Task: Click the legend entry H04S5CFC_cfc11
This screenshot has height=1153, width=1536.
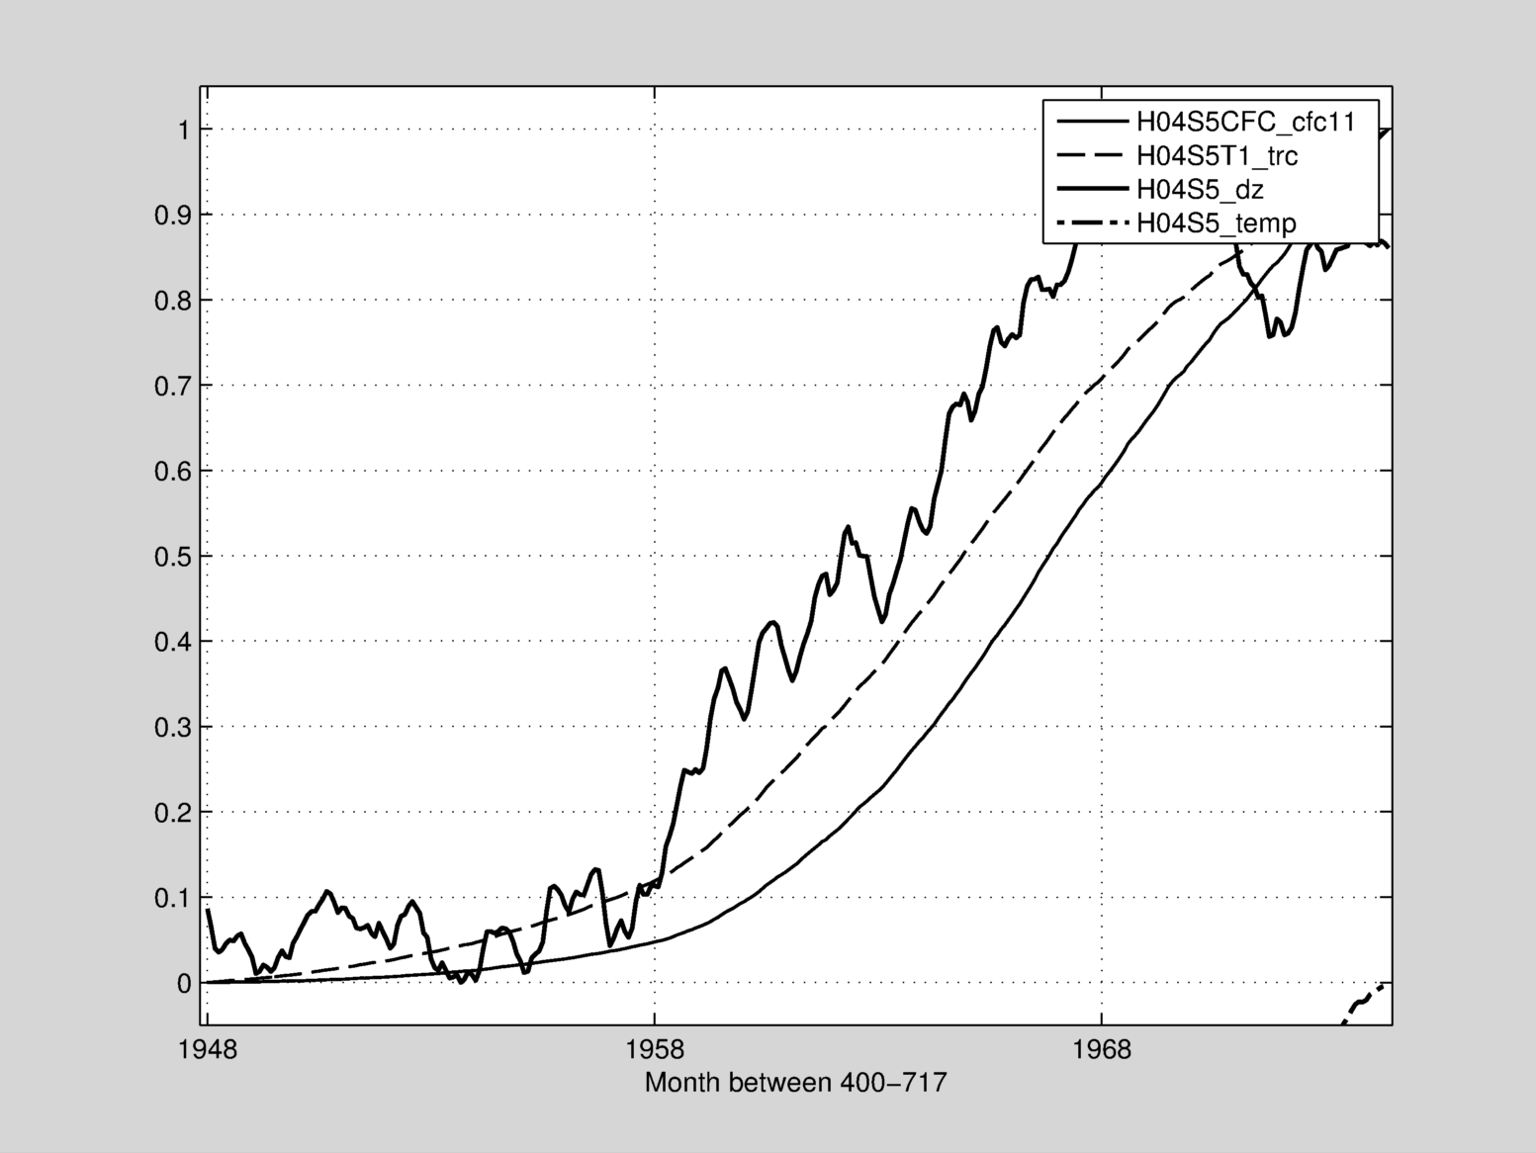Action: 1244,122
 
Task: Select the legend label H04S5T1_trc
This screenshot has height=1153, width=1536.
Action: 1217,155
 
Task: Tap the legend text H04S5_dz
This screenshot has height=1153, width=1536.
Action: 1200,189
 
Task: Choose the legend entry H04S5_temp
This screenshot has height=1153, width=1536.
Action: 1216,222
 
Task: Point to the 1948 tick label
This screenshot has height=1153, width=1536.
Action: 208,1049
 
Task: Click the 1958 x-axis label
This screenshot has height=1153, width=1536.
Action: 654,1049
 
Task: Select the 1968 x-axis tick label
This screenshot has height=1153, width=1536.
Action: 1101,1049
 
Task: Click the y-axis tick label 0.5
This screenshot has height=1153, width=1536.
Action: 172,557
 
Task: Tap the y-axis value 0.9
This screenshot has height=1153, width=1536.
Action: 172,216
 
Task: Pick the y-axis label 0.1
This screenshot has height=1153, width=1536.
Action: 172,898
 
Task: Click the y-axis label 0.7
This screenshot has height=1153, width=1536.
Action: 172,386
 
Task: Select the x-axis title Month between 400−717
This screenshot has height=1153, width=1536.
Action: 795,1083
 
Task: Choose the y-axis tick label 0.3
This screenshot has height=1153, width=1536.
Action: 172,728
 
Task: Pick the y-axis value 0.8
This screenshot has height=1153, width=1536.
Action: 172,301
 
